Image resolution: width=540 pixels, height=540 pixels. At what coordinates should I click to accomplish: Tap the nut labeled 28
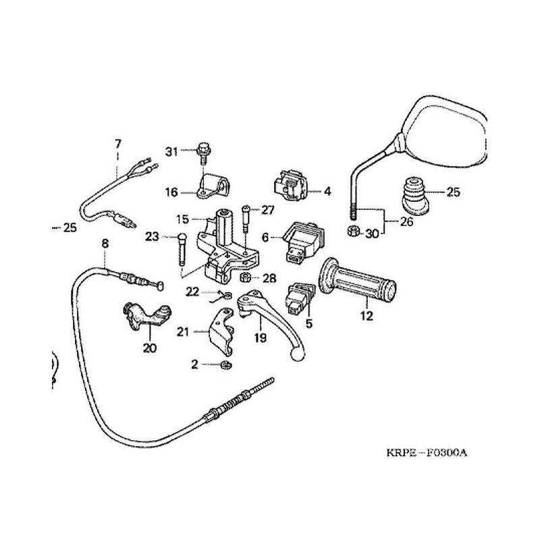tap(247, 278)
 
